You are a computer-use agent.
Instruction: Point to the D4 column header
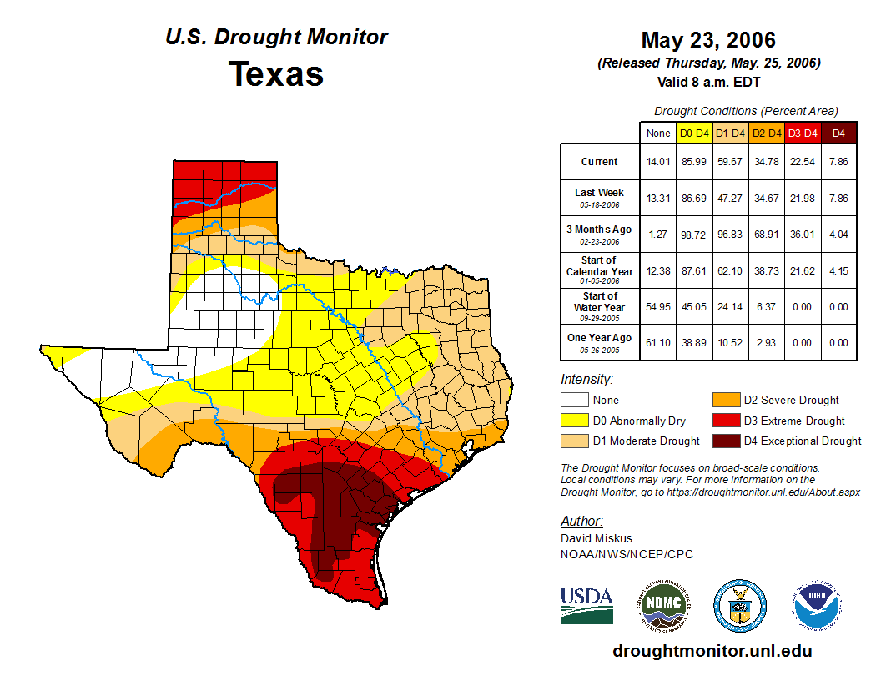pos(838,133)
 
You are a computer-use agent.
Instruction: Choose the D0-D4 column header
pos(694,133)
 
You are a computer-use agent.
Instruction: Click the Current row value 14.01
pos(658,162)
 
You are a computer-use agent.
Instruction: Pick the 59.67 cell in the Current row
pos(731,162)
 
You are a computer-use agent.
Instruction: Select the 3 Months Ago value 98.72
pos(694,235)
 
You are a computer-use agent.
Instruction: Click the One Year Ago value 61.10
pos(658,342)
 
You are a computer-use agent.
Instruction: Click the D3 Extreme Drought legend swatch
pos(725,421)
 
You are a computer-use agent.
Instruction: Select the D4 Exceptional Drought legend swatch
pos(725,441)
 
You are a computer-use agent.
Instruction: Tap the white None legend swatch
pos(574,401)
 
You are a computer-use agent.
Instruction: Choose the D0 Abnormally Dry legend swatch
pos(574,421)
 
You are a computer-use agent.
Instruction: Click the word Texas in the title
pos(276,74)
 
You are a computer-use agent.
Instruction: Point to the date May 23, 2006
pos(708,40)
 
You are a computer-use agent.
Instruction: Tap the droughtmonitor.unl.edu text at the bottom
pos(712,651)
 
